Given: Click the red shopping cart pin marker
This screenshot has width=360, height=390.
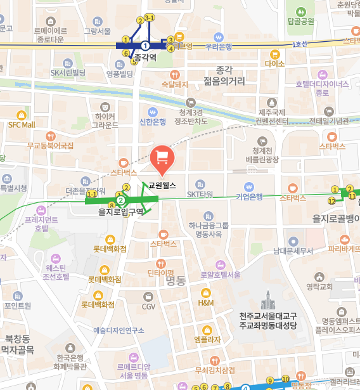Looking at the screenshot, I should point(162,158).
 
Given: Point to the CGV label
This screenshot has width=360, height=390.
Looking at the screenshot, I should point(148,306).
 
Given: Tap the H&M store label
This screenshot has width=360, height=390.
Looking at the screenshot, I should point(206,303).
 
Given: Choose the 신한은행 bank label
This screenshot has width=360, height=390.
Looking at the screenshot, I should point(152,121).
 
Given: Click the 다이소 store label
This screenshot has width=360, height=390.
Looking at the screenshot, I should point(275,63).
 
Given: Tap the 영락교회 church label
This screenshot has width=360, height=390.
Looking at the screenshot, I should point(319,286).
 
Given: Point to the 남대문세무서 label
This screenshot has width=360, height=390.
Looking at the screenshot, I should point(293,251).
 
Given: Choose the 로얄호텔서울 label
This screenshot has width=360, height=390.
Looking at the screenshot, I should point(220,275).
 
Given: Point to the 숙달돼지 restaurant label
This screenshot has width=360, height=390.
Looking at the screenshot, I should point(174,84).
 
